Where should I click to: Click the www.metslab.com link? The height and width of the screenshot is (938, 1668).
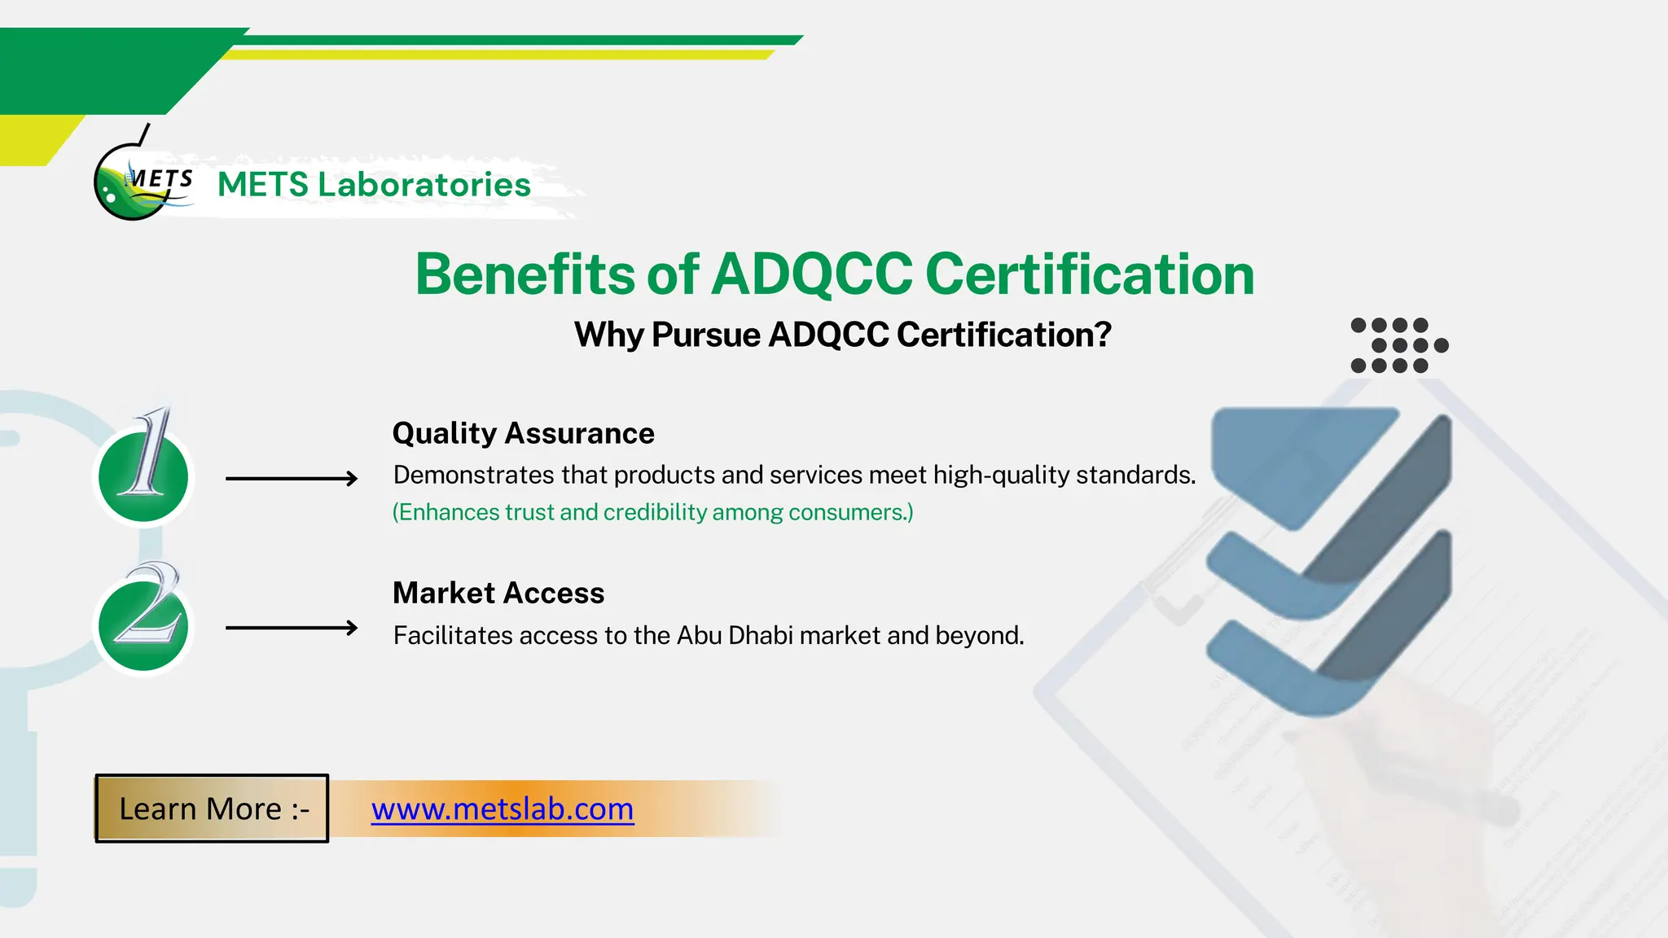tap(503, 809)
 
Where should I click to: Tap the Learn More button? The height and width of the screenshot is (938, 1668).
tap(213, 809)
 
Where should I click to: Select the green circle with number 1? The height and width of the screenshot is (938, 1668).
tap(143, 477)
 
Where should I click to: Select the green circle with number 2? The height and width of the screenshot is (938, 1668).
tap(143, 625)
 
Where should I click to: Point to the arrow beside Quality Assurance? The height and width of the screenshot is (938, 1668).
tap(292, 479)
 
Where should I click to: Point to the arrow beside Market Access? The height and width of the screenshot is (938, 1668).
tap(292, 628)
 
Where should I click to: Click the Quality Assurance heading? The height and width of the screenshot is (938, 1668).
tap(523, 433)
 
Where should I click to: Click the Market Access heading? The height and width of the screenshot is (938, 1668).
tap(498, 593)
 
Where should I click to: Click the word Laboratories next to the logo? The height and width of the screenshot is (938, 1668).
tap(424, 185)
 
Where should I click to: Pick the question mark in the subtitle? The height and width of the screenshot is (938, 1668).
tap(1102, 335)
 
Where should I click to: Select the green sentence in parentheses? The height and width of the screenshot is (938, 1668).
tap(652, 512)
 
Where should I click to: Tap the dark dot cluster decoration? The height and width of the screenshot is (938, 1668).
tap(1398, 345)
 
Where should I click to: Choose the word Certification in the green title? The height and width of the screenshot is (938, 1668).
tap(1090, 274)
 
